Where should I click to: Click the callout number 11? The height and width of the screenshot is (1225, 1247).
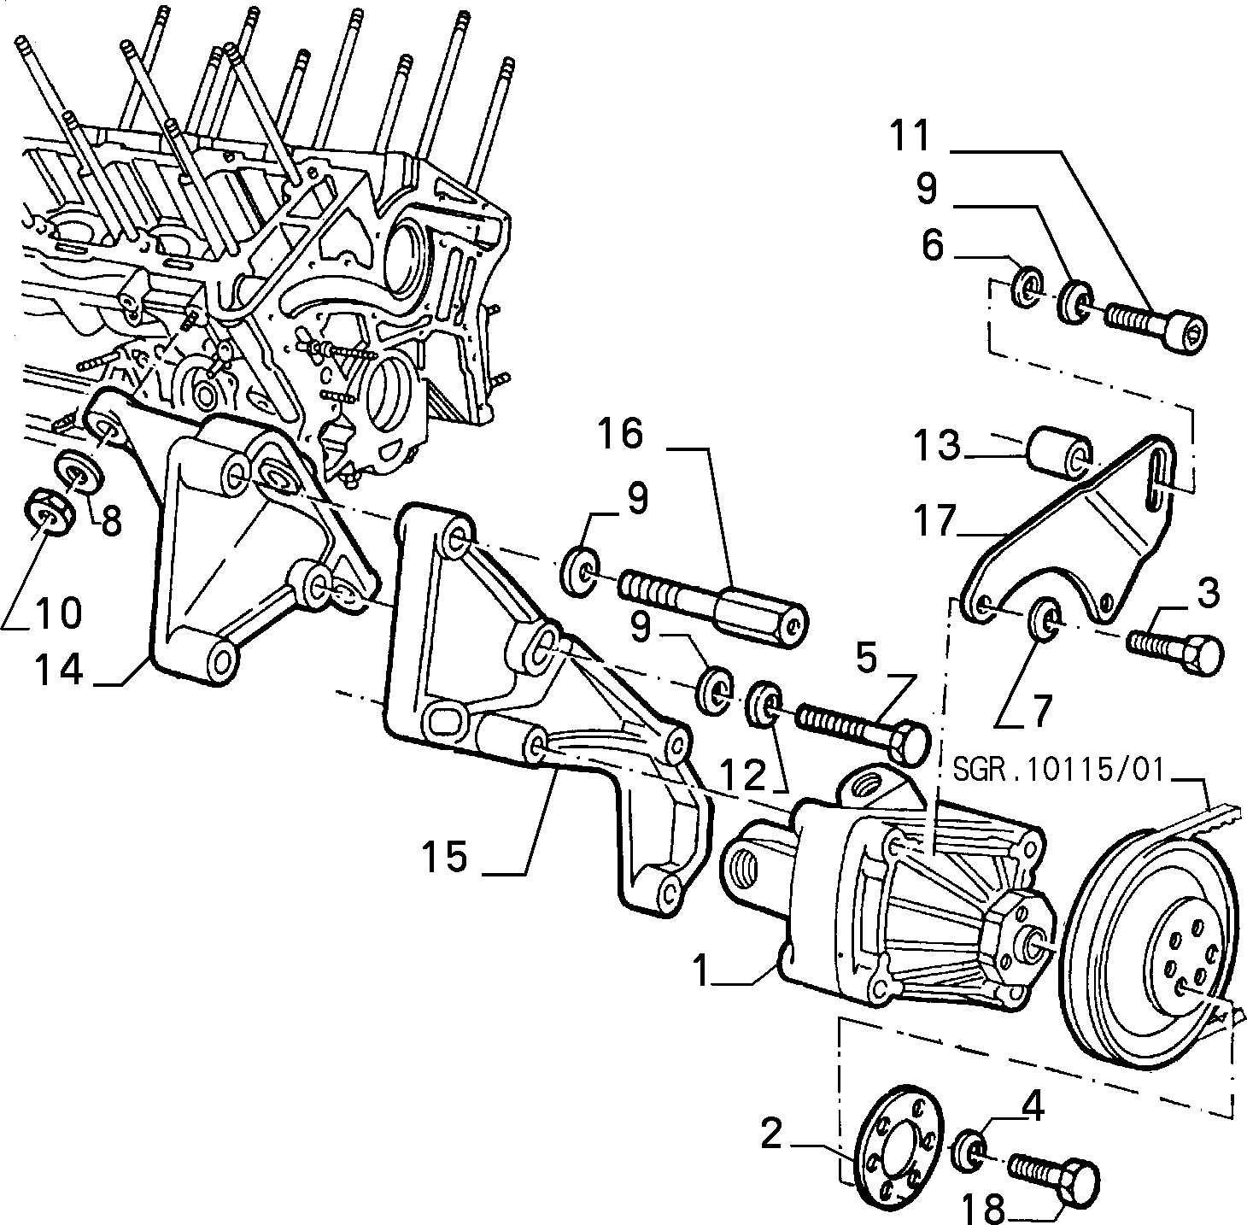click(x=909, y=136)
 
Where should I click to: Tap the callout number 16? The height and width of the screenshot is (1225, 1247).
click(x=620, y=434)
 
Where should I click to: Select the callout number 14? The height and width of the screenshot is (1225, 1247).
click(x=59, y=670)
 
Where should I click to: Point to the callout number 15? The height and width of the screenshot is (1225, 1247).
click(x=445, y=855)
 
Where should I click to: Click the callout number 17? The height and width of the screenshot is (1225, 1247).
click(x=934, y=522)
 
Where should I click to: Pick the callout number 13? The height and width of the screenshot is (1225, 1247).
click(x=936, y=446)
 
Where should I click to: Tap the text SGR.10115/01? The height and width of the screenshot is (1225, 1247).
click(x=1059, y=770)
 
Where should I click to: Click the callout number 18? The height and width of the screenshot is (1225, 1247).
click(x=983, y=1207)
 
